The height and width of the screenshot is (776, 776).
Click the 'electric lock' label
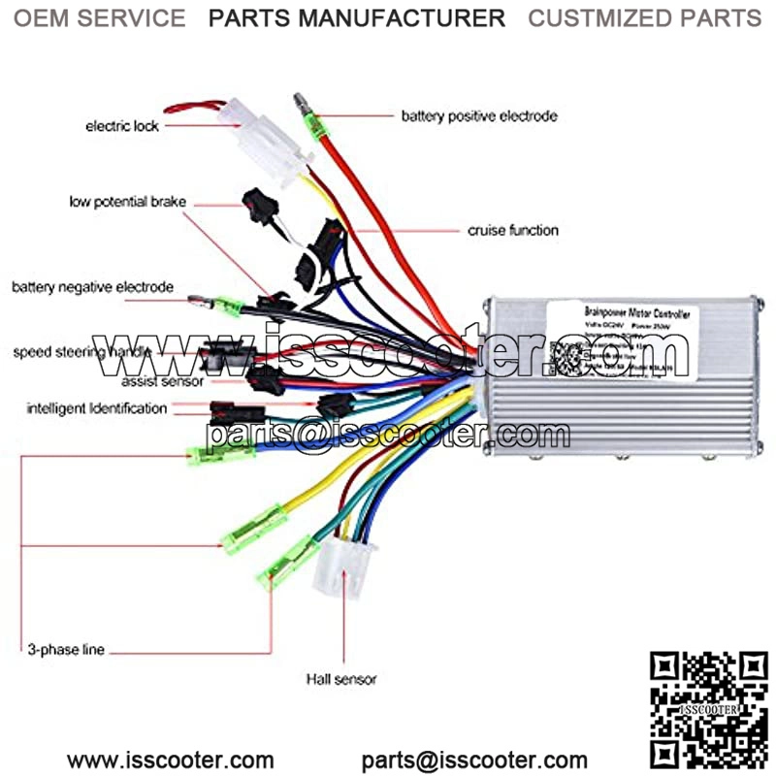point(122,126)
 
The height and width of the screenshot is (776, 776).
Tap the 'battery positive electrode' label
point(479,116)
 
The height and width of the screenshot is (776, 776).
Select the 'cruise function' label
point(513,231)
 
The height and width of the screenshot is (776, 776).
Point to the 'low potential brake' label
point(127,202)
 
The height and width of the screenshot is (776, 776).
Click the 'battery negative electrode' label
point(93,287)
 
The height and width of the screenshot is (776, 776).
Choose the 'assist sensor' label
point(163,381)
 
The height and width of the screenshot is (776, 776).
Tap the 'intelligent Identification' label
point(97,408)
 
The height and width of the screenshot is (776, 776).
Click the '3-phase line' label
point(67,649)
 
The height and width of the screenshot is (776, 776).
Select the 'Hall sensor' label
point(341,679)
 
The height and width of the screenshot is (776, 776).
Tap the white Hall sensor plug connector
point(339,568)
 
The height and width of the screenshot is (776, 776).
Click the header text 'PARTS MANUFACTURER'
point(357,17)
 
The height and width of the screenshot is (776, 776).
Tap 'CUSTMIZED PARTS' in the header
point(644,17)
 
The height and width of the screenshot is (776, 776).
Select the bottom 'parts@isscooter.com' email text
point(474,760)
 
